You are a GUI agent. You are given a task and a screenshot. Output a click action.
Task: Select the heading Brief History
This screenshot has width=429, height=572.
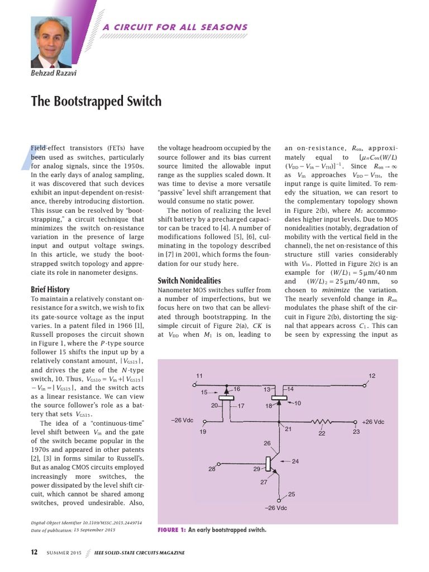50,289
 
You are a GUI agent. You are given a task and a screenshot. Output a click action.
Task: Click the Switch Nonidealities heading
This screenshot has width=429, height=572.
189,280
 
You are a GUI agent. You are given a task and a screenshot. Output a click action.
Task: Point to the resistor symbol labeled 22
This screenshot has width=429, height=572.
322,422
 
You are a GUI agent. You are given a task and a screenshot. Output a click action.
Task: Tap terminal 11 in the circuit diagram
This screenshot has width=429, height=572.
199,375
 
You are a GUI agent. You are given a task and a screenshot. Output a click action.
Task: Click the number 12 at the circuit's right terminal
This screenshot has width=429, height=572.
372,375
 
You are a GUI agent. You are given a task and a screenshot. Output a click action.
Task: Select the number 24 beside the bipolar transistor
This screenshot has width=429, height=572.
295,461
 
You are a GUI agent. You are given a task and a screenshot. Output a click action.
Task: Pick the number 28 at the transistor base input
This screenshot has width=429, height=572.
212,469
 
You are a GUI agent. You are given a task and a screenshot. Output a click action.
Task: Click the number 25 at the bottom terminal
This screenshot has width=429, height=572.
291,494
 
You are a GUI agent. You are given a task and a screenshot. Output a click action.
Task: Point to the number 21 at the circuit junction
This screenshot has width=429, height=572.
289,429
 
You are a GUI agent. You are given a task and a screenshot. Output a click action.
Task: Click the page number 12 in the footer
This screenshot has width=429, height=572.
34,552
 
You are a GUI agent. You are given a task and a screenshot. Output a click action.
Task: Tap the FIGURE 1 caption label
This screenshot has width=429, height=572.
171,530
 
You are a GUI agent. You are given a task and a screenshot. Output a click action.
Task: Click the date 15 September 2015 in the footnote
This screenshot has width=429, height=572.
94,529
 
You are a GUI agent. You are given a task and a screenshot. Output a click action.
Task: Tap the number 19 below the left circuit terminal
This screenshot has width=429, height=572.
203,432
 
